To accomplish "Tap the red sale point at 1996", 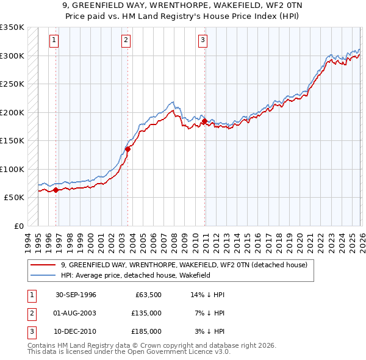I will click(x=56, y=190).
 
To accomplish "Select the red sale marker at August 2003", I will click(x=127, y=149).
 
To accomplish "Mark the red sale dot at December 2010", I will click(x=204, y=121).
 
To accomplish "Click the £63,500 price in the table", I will click(x=146, y=295).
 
